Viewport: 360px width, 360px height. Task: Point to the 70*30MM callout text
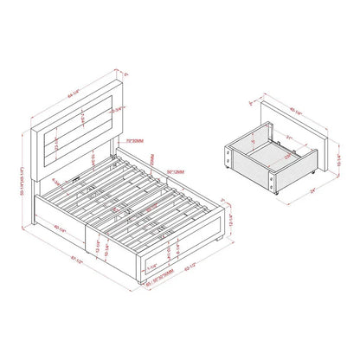(x=133, y=138)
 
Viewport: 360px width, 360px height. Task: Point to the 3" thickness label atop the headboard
(x=127, y=75)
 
